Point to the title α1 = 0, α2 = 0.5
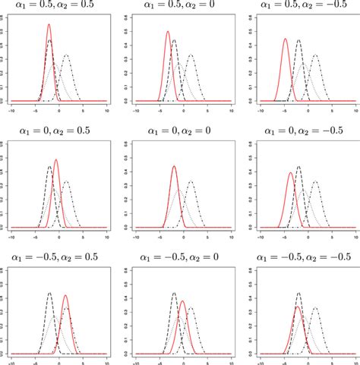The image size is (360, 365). (58, 130)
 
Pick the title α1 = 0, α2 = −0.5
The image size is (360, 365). (302, 130)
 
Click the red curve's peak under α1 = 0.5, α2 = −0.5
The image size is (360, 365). (286, 39)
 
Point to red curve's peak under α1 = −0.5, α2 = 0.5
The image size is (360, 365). (65, 295)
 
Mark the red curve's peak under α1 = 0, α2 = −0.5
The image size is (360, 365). (291, 173)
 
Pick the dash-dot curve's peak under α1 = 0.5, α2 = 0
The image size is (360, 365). (190, 55)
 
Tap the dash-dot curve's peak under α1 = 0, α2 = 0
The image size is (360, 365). (190, 181)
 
